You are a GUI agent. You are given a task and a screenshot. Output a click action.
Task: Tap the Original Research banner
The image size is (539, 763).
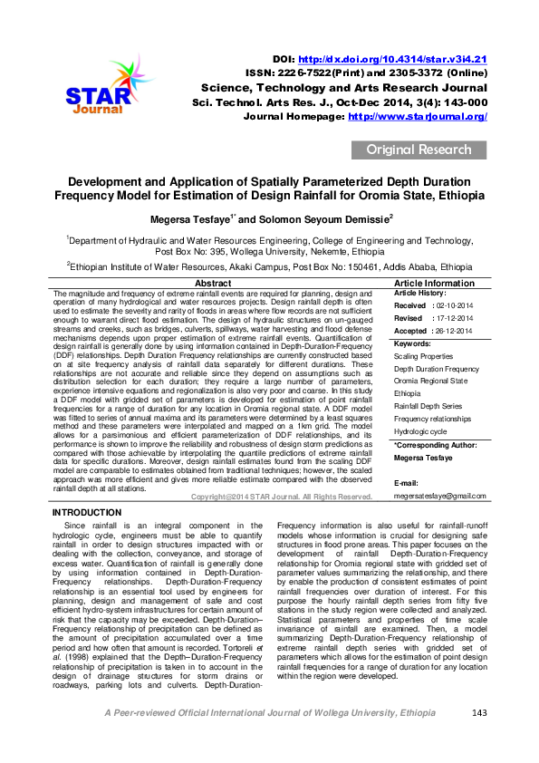[418, 150]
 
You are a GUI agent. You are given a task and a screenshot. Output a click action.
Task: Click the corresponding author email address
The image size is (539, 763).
[439, 496]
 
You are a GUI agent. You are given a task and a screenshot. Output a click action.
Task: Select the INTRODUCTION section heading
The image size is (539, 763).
[90, 513]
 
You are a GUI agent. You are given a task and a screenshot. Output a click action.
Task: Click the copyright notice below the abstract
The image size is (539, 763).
[282, 497]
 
